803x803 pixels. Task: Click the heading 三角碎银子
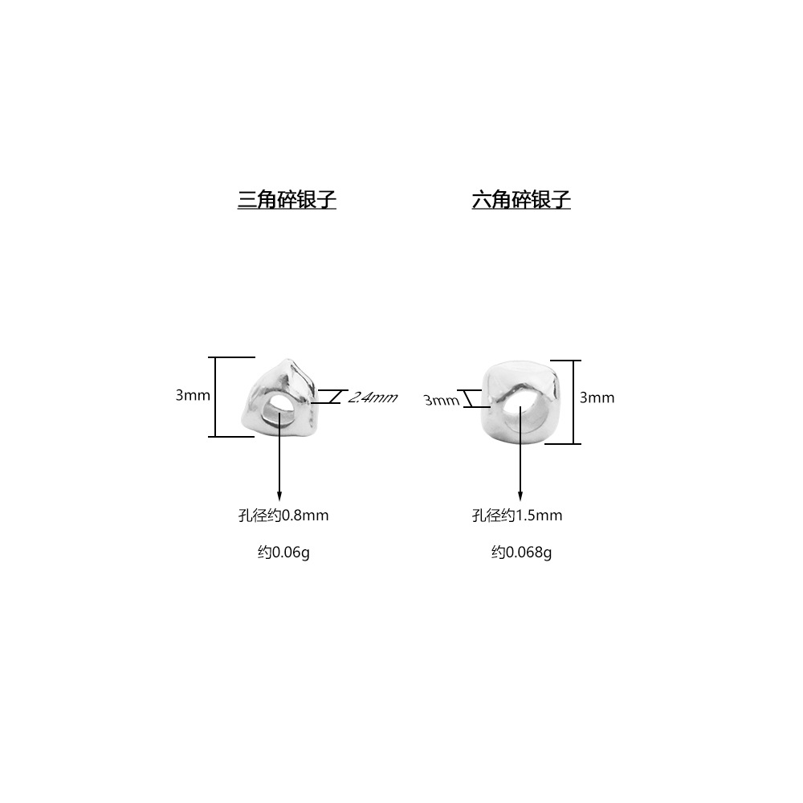click(x=287, y=200)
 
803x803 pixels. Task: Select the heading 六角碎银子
click(x=521, y=200)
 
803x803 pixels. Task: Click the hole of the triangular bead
click(x=281, y=405)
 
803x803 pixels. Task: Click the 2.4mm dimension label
click(x=372, y=397)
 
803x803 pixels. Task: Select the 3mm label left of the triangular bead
click(x=193, y=395)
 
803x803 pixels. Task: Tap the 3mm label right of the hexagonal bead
click(x=597, y=397)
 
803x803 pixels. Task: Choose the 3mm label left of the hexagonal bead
click(x=441, y=400)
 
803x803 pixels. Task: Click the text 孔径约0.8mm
click(x=283, y=516)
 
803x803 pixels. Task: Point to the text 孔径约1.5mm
click(x=516, y=516)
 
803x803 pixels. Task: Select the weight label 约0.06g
click(x=283, y=552)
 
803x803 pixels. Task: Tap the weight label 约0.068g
click(x=521, y=552)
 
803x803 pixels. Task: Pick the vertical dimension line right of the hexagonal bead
click(x=575, y=401)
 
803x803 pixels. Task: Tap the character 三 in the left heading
click(x=246, y=200)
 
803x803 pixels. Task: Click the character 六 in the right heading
click(x=480, y=200)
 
